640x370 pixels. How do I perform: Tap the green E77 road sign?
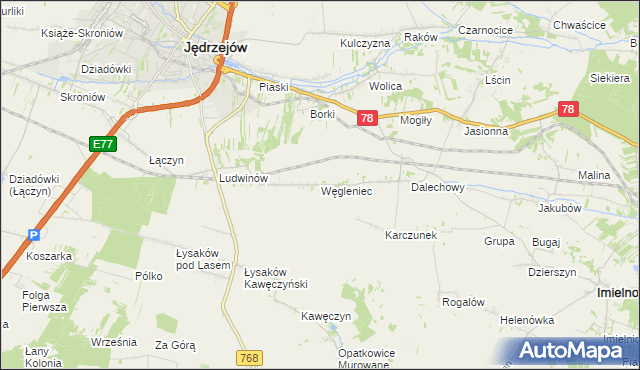coord(102,144)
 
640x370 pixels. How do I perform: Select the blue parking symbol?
coord(33,235)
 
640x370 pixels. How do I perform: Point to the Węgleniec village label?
coord(347,190)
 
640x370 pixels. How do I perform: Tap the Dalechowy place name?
coord(437,187)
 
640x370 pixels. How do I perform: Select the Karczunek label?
coord(411,235)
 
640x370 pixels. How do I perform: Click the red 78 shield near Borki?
coord(367,118)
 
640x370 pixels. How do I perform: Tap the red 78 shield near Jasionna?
coord(567,109)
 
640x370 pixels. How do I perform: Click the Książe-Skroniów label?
coord(82,33)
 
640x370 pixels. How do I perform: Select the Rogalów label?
coord(463,302)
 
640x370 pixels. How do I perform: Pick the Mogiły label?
coord(414,117)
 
